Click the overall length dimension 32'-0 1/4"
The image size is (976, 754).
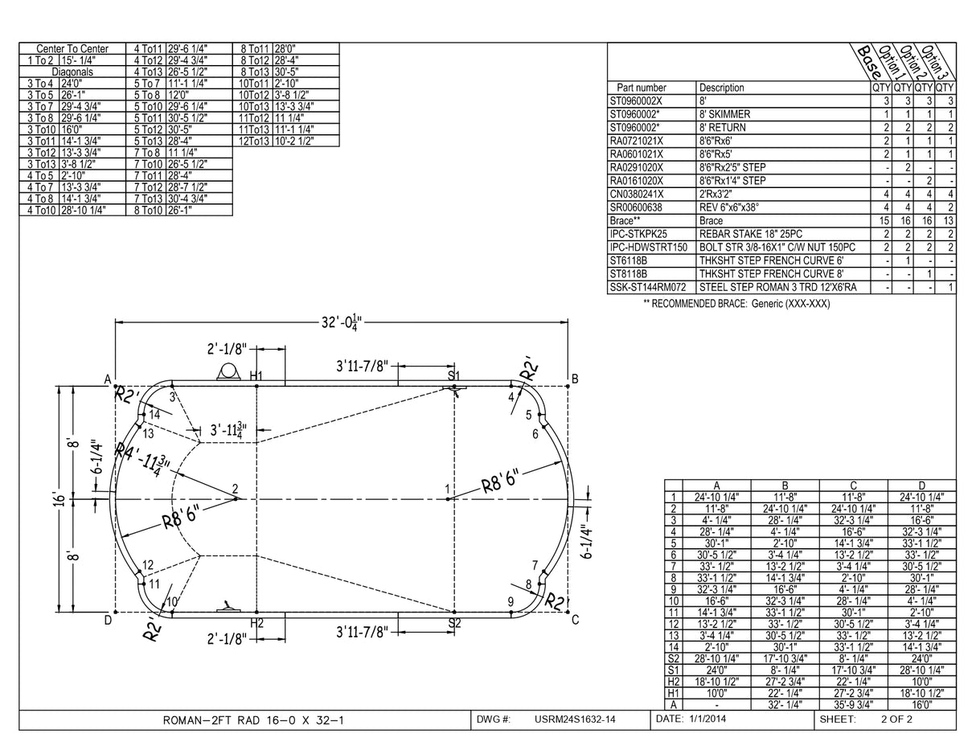342,322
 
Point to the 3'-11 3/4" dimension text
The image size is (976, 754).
228,431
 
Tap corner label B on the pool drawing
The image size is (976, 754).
575,379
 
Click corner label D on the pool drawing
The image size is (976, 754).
107,619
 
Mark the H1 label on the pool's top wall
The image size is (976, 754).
256,376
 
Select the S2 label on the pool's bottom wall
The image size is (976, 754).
454,623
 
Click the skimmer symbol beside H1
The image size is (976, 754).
229,371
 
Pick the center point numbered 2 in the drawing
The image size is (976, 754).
236,489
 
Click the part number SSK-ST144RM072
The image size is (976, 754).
648,287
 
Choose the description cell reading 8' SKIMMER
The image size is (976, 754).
724,114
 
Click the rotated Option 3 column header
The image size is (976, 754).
937,62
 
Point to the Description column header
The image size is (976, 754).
721,88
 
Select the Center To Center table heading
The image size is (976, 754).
72,48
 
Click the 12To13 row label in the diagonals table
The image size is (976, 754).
253,141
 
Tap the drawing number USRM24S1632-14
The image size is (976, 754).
575,719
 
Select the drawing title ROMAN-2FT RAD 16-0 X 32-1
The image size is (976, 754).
253,720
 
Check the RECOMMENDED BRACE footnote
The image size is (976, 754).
736,304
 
